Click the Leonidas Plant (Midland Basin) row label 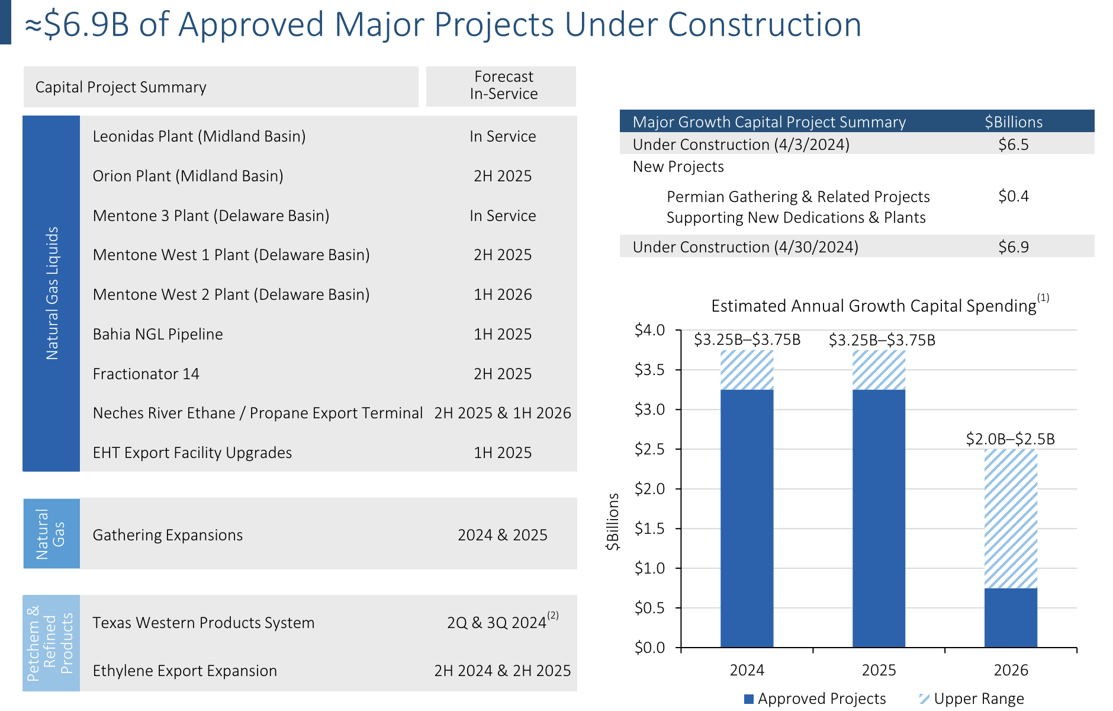pos(199,136)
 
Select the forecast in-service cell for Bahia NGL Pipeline pos(503,334)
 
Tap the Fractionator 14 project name pos(146,374)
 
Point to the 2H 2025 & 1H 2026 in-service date pos(503,413)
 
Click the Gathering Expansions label pos(168,535)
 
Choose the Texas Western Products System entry pos(203,623)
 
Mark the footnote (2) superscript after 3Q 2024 pos(553,615)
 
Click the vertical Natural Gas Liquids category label pos(52,293)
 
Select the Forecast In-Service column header pos(504,85)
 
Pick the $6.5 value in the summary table pos(1014,145)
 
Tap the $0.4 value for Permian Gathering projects pos(1014,196)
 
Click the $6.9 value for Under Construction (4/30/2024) pos(1014,247)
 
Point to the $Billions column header pos(1014,122)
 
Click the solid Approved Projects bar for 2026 pos(1011,617)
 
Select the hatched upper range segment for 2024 pos(747,370)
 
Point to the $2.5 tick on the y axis pos(649,449)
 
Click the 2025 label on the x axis pos(879,670)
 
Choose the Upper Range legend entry pos(972,699)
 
